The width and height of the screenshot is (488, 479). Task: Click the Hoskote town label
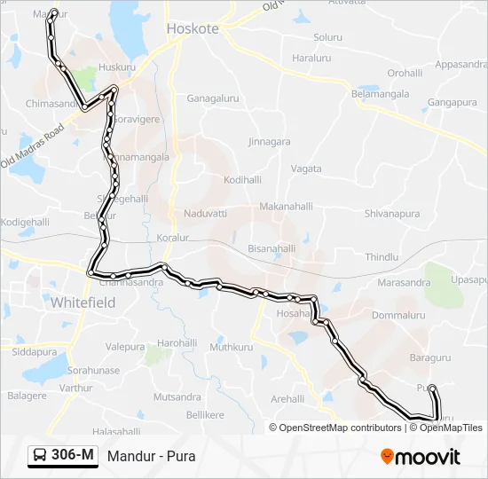[x=193, y=28]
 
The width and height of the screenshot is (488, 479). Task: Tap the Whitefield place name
[x=83, y=302]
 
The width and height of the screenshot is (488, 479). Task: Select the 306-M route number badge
[x=63, y=456]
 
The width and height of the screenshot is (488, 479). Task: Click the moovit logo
[x=421, y=457]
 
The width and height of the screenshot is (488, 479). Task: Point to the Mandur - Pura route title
[x=151, y=457]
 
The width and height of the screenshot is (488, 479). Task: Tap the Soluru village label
[x=327, y=37]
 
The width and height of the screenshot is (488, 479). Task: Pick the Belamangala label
[x=381, y=93]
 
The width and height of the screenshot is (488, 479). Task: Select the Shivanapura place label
[x=390, y=214]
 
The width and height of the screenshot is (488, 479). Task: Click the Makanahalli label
[x=287, y=207]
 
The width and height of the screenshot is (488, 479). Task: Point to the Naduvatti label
[x=206, y=214]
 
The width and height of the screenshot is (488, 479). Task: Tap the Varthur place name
[x=77, y=388]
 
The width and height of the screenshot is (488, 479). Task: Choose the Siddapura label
[x=35, y=352]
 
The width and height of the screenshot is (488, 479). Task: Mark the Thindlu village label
[x=382, y=256]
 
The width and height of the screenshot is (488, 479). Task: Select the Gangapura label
[x=453, y=103]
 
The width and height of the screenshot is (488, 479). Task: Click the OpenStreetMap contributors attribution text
[x=336, y=428]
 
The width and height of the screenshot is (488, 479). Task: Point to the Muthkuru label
[x=232, y=347]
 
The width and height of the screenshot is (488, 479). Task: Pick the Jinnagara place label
[x=269, y=141]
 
